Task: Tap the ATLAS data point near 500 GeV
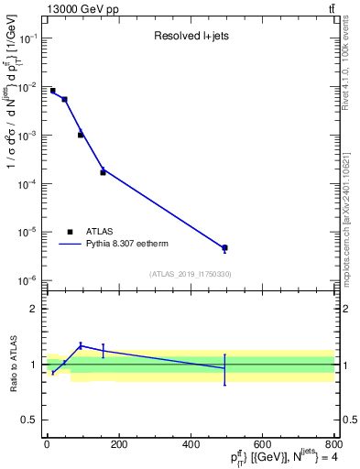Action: click(x=224, y=247)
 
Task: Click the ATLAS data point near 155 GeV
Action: click(x=103, y=172)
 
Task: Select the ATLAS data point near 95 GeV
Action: click(x=81, y=135)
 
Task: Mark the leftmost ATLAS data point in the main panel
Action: click(x=52, y=91)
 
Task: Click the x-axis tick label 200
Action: click(x=118, y=443)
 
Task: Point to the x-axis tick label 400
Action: click(x=191, y=443)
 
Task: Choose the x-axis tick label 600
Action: click(x=262, y=443)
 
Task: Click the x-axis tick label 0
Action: click(x=47, y=443)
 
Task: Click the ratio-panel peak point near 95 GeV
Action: click(x=81, y=345)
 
